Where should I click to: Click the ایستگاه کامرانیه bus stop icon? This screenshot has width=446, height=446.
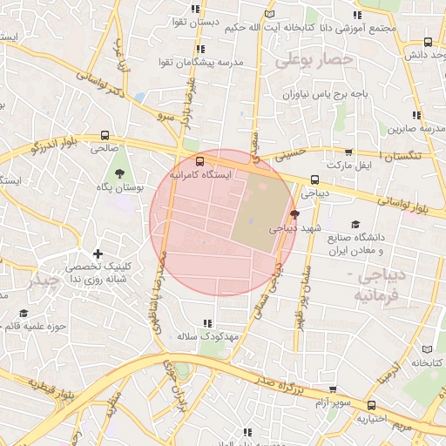200,161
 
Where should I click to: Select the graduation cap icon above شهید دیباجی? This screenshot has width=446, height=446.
294,214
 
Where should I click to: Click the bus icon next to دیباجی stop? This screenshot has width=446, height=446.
314,179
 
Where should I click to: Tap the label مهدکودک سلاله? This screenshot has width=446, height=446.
206,335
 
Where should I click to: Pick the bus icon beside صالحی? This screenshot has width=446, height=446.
105,136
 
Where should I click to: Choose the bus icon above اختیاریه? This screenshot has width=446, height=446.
372,405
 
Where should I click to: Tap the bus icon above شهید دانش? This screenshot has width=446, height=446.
427,42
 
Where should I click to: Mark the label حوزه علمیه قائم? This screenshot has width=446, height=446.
36,326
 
